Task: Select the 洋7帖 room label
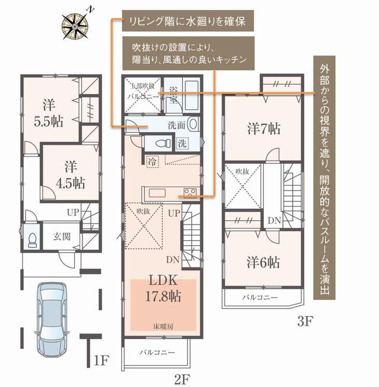tap(264, 128)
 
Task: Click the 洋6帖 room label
tap(263, 262)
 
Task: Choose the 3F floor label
tap(305, 321)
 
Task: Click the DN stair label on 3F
tap(274, 220)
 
